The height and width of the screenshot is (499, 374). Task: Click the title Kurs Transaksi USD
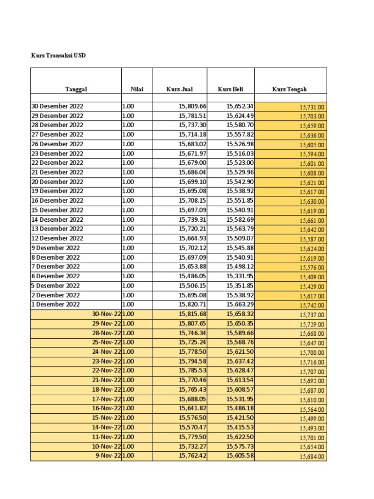[58, 56]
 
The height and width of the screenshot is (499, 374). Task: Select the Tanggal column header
[76, 89]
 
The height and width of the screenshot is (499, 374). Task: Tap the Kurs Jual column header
[179, 89]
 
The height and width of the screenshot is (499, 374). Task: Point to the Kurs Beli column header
[230, 89]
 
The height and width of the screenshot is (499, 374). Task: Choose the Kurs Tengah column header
[290, 89]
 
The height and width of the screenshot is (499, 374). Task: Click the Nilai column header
[136, 89]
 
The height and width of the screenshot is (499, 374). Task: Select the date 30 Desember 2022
[57, 106]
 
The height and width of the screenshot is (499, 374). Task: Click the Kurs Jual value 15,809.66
[192, 106]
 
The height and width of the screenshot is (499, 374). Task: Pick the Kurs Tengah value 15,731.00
[312, 107]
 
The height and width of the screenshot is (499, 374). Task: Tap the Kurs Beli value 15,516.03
[240, 154]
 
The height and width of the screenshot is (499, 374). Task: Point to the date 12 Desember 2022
[57, 238]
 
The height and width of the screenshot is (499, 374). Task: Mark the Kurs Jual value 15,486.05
[192, 276]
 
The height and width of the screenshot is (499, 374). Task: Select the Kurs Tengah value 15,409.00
[312, 277]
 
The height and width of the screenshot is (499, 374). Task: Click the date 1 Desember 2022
[56, 304]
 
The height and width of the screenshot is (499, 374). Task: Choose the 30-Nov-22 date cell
[106, 314]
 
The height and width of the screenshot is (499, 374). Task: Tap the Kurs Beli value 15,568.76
[240, 342]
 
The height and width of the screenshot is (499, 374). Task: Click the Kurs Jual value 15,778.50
[192, 352]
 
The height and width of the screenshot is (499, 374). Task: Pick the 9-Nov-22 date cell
[108, 456]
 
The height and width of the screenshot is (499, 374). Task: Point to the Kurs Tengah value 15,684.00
[312, 457]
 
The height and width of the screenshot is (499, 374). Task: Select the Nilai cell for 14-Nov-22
[128, 427]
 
